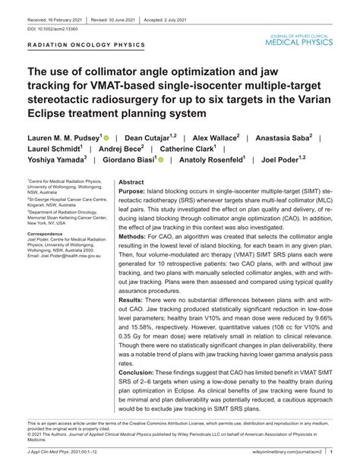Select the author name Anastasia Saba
[292, 139]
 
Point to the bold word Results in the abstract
[134, 322]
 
